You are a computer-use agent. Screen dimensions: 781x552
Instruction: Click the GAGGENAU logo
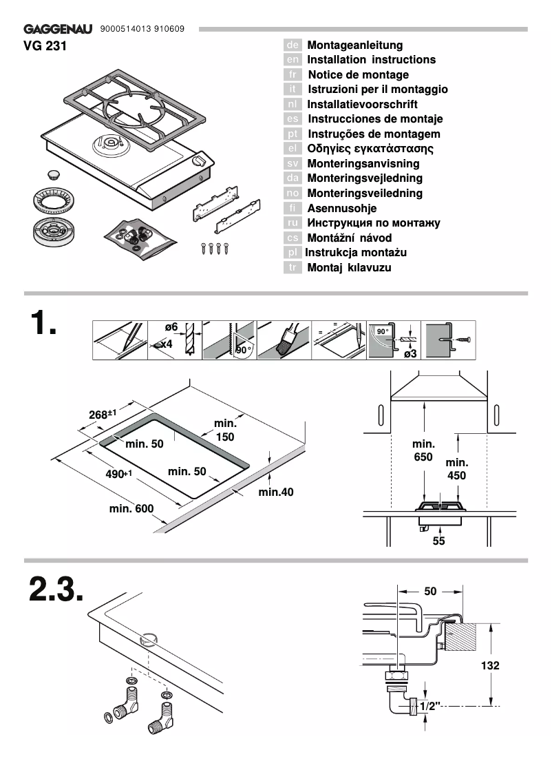pyautogui.click(x=59, y=30)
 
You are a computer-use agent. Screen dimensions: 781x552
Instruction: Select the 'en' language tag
pyautogui.click(x=293, y=60)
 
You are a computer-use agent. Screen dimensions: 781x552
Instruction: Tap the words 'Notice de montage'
pyautogui.click(x=358, y=74)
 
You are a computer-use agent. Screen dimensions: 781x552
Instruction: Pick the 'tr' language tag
pyautogui.click(x=293, y=267)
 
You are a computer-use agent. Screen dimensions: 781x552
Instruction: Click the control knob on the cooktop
pyautogui.click(x=199, y=162)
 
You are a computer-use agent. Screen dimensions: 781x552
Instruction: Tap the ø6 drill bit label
pyautogui.click(x=171, y=327)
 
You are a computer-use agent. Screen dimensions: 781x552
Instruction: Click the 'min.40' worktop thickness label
pyautogui.click(x=276, y=492)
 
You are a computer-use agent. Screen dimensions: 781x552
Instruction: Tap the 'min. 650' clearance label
pyautogui.click(x=423, y=451)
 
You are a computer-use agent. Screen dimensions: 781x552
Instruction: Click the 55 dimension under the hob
pyautogui.click(x=438, y=541)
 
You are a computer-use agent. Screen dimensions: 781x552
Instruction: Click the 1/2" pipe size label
pyautogui.click(x=429, y=707)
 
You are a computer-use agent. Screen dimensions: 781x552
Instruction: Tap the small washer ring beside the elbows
pyautogui.click(x=108, y=718)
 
